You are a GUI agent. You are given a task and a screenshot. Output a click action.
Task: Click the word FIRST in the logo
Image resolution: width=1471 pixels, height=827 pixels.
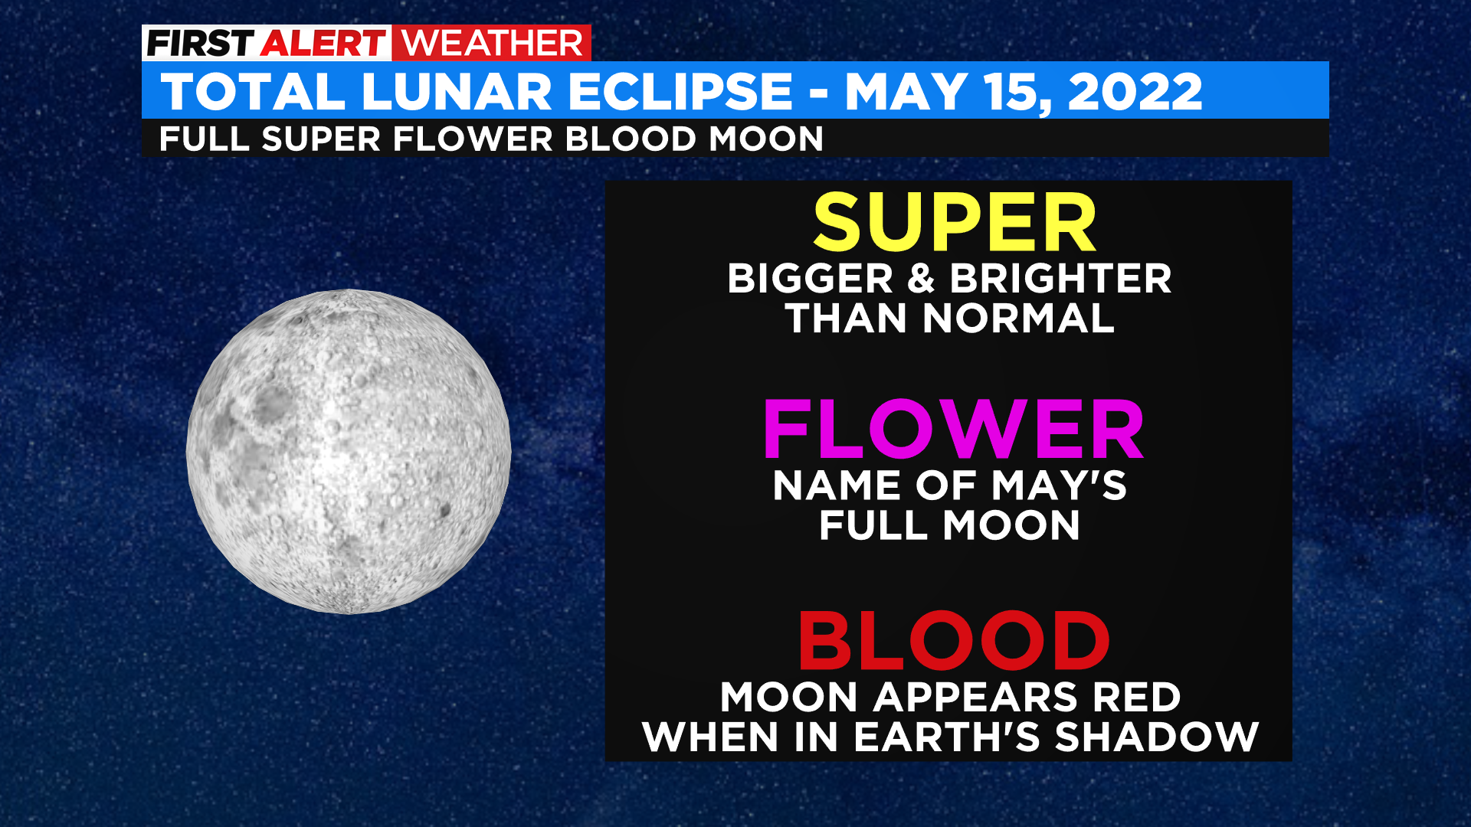(200, 44)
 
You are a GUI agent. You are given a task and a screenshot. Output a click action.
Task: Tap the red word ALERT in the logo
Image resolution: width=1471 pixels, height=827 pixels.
(323, 44)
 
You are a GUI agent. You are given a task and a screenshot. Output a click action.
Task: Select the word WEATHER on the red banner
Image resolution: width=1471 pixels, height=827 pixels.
(492, 44)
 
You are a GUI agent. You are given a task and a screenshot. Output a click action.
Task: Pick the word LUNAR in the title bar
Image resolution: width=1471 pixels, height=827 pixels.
(457, 92)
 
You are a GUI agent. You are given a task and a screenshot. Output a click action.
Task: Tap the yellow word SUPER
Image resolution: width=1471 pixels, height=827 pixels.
(955, 223)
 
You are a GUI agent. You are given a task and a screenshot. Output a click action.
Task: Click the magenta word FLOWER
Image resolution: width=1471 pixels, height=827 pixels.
(953, 429)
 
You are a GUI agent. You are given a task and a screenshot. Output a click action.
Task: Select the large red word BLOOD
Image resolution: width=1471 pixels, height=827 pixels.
(954, 641)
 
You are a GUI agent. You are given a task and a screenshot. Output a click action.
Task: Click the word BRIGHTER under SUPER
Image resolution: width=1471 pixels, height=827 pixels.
(1061, 278)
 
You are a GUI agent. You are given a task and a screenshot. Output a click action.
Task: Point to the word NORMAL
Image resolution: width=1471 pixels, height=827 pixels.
(1018, 319)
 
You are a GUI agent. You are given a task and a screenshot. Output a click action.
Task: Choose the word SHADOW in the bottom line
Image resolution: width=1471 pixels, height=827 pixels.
(1157, 737)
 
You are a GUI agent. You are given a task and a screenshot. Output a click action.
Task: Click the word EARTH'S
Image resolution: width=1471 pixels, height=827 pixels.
(947, 737)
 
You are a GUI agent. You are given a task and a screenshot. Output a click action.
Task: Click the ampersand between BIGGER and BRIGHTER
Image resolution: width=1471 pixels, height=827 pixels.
(922, 278)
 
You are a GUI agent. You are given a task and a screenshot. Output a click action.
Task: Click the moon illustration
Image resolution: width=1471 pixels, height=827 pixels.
(349, 451)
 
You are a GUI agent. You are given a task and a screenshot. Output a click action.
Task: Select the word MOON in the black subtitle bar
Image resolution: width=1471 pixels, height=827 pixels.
(766, 139)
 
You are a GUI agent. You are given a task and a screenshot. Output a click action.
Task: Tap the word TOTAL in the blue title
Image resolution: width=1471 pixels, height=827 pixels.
(254, 92)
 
